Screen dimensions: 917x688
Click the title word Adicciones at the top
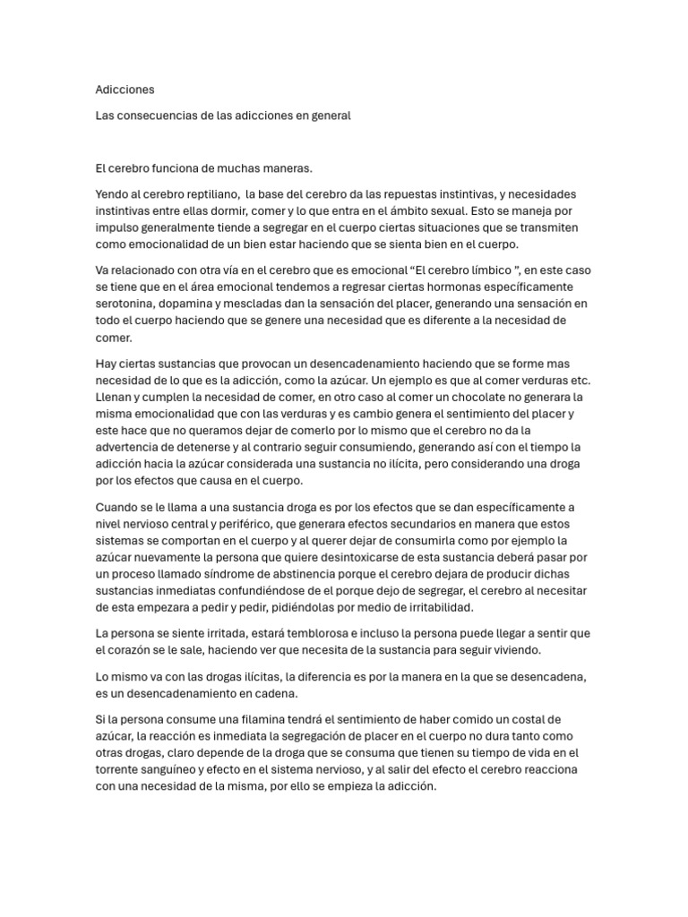(125, 90)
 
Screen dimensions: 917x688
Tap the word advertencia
(130, 447)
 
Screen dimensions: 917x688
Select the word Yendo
(112, 193)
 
